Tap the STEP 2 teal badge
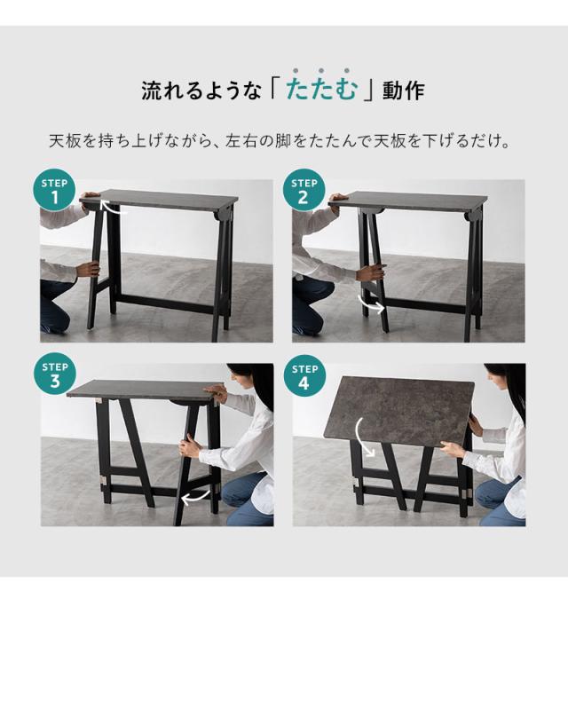(x=304, y=191)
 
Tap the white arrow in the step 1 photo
(x=114, y=209)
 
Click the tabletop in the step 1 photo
(x=169, y=198)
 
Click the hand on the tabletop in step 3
(x=213, y=391)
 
